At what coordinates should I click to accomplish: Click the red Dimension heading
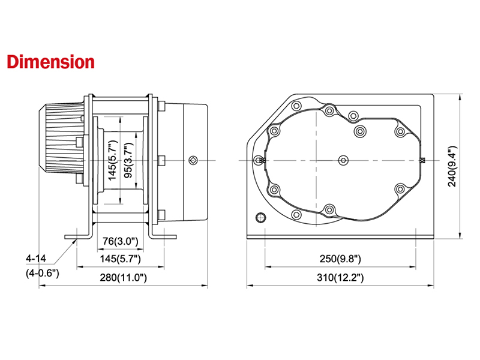(x=50, y=62)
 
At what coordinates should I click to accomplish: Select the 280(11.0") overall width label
(x=122, y=278)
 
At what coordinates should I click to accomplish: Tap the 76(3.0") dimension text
(x=120, y=241)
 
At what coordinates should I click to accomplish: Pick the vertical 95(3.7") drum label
(x=127, y=160)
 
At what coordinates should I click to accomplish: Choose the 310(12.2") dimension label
(x=341, y=278)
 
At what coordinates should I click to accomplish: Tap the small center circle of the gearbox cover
(x=343, y=160)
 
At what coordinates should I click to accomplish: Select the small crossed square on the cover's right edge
(x=424, y=160)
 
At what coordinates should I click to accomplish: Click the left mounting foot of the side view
(x=76, y=236)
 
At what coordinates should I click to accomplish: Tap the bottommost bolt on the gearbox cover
(x=329, y=209)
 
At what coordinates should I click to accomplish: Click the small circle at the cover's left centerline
(x=259, y=160)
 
